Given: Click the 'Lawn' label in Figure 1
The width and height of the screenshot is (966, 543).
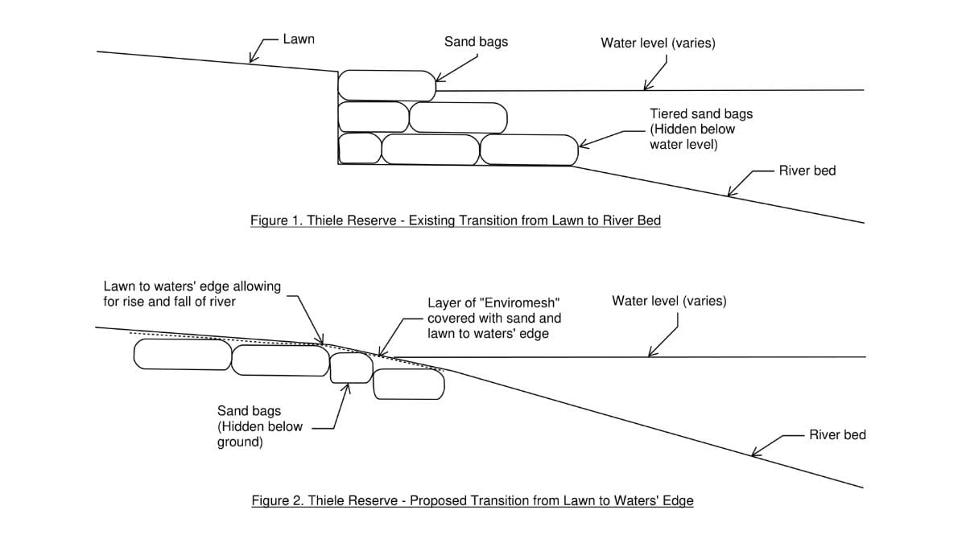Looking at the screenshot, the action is (x=299, y=39).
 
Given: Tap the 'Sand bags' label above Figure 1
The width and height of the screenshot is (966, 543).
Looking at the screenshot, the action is (x=476, y=42).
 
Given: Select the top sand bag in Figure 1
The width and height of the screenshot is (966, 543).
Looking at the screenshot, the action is (x=387, y=86).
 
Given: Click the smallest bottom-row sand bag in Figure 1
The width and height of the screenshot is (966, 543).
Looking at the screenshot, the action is (x=360, y=148).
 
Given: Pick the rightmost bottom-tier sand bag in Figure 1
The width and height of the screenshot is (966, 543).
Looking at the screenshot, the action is (x=529, y=150).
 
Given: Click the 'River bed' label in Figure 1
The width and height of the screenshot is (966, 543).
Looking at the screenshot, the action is (x=807, y=171).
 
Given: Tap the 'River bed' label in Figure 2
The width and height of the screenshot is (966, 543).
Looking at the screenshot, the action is (x=837, y=434).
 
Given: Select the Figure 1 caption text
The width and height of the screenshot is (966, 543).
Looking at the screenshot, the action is (x=456, y=220).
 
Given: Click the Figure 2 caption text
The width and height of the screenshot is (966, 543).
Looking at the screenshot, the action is (x=473, y=500).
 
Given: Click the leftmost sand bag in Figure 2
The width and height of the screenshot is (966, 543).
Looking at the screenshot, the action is (x=183, y=354).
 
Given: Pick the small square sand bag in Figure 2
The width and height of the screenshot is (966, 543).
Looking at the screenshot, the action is (x=352, y=368).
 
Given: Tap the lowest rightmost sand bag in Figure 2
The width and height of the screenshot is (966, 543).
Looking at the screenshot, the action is (x=409, y=384).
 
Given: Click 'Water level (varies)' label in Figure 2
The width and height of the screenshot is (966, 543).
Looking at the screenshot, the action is (x=669, y=301).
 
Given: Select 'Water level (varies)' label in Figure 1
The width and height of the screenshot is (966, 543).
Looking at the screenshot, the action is (x=658, y=43).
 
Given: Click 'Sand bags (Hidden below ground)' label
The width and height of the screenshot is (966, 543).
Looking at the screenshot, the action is (x=260, y=426).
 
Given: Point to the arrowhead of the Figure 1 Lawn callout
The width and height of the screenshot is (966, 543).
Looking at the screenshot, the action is (x=250, y=62).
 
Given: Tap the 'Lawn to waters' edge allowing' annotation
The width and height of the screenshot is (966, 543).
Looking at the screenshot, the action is (x=192, y=286).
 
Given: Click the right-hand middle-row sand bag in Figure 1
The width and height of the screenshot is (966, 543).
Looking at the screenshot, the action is (x=458, y=117).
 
